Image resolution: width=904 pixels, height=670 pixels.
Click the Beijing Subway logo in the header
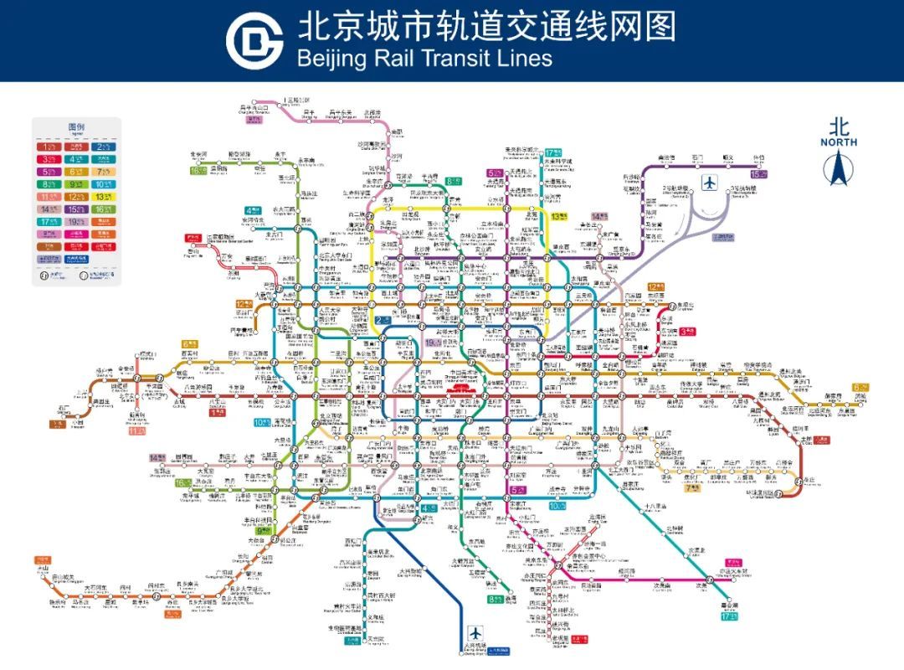(x=255, y=39)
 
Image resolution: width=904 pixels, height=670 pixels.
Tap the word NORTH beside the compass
(x=838, y=142)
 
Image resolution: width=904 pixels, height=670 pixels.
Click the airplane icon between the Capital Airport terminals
(x=711, y=182)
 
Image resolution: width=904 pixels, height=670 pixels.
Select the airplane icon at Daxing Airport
(x=476, y=632)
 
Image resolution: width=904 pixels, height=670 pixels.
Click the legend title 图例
(x=76, y=127)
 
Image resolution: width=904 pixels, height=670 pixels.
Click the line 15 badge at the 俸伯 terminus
(x=758, y=174)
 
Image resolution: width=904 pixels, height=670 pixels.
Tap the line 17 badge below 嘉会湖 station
(x=729, y=616)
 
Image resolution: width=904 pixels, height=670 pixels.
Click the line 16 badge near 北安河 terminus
(x=198, y=171)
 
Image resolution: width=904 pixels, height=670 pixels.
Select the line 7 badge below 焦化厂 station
(x=692, y=488)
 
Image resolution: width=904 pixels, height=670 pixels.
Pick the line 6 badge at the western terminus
(x=189, y=343)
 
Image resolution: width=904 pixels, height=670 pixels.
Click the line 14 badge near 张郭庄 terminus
(x=156, y=457)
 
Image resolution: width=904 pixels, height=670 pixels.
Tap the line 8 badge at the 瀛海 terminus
(x=493, y=599)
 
